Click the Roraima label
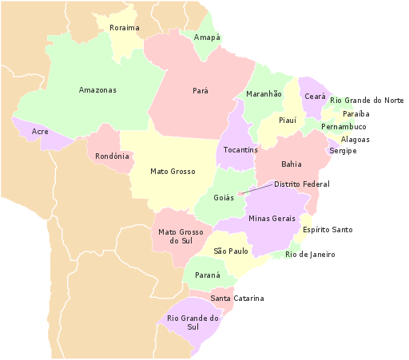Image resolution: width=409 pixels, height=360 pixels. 124,28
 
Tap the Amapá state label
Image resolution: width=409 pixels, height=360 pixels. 207,38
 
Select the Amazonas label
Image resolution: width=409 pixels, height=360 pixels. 97,90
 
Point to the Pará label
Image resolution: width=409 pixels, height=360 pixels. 201,91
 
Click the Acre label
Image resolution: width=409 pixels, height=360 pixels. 40,131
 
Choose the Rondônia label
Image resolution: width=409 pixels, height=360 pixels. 112,156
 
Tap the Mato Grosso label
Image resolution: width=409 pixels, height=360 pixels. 173,171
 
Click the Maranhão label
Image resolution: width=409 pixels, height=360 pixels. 264,94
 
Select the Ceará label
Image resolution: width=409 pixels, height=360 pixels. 315,97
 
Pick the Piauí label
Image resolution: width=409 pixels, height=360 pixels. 288,121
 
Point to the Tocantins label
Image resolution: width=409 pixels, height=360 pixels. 240,150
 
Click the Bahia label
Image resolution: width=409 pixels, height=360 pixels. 292,164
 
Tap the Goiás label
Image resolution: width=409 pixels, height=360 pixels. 224,198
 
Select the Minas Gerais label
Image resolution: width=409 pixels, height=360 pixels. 272,219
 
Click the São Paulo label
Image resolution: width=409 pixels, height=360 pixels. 231,251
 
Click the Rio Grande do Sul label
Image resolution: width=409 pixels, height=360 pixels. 193,322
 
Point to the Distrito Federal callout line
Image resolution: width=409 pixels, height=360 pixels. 256,188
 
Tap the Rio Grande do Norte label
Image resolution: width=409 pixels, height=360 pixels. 367,101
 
